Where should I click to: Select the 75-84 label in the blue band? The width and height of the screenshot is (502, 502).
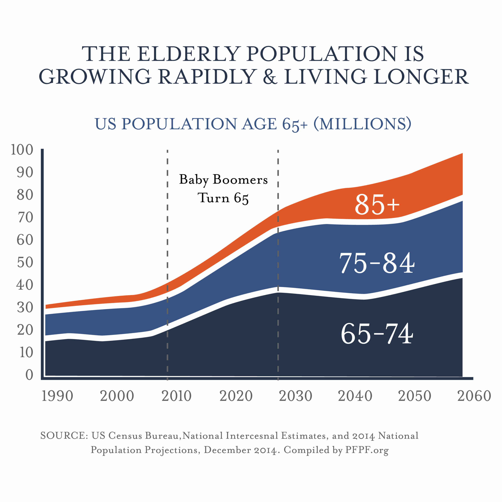(377, 263)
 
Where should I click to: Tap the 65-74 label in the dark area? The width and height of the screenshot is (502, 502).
(377, 334)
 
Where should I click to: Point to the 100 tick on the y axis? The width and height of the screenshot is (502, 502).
(22, 150)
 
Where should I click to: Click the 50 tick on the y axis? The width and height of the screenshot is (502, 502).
(25, 262)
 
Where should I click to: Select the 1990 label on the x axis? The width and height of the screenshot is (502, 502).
(57, 396)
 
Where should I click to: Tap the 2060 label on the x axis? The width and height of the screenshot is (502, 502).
(474, 396)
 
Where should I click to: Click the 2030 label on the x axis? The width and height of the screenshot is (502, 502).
(296, 396)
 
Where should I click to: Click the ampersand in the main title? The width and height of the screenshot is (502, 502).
(270, 77)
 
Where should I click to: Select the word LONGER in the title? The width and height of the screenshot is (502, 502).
(421, 77)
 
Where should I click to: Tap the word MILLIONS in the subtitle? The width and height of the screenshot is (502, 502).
(362, 124)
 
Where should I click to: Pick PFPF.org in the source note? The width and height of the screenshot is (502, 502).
(367, 450)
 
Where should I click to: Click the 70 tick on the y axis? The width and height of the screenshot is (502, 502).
(25, 217)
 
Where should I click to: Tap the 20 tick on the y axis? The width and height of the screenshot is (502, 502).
(25, 330)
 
